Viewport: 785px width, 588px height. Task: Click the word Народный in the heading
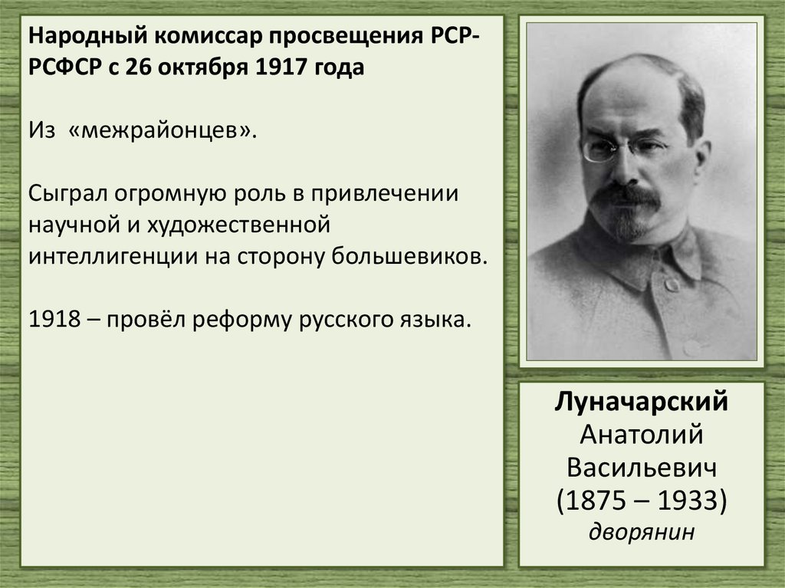pos(81,37)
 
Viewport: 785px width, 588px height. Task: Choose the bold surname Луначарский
pos(642,402)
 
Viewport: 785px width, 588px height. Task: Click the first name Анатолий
pos(642,435)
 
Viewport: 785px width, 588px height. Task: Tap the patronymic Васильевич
pos(642,467)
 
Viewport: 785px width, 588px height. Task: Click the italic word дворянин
pos(642,531)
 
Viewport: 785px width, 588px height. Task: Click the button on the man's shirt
pos(672,285)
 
